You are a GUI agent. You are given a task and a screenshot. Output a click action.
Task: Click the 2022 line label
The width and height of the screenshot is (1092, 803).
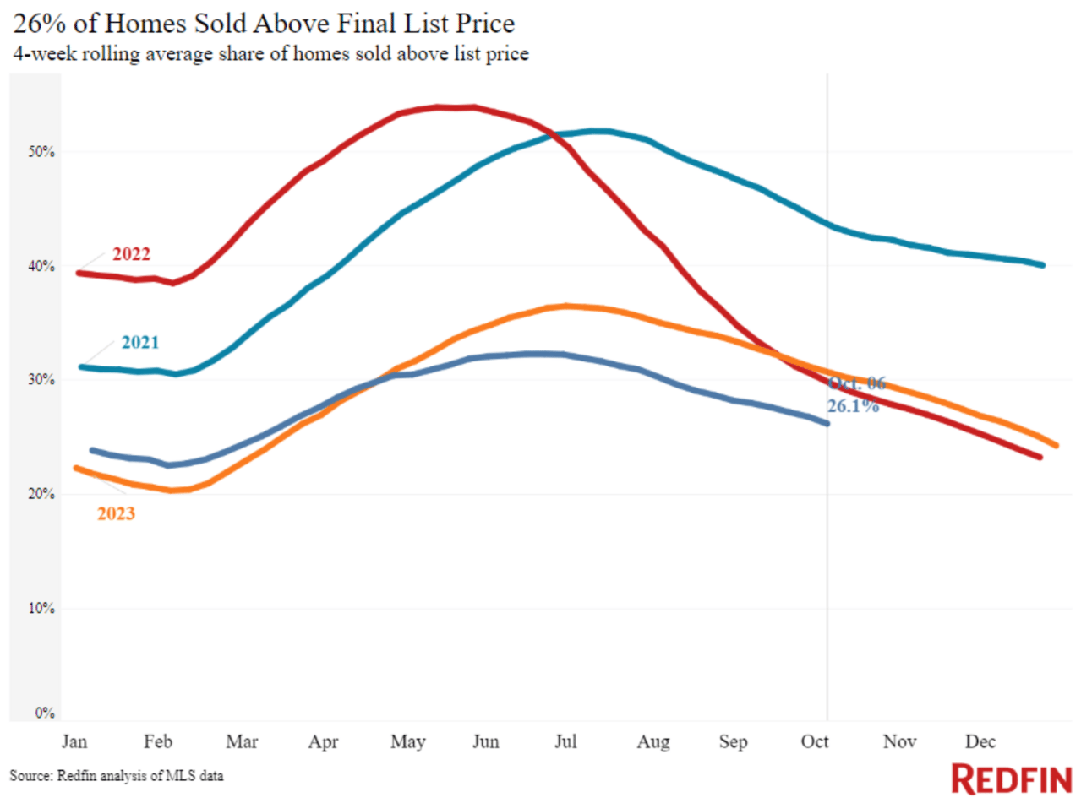[131, 254]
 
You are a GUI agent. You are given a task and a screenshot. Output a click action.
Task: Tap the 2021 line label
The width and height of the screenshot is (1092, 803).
[139, 342]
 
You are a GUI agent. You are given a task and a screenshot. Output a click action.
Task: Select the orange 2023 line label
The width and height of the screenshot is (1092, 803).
[116, 513]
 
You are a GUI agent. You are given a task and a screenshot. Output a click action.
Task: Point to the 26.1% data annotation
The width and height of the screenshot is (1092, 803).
[853, 406]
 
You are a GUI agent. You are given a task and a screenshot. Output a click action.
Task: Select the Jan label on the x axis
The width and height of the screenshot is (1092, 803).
[74, 741]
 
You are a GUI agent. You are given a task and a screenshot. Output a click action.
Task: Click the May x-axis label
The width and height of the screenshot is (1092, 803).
[407, 741]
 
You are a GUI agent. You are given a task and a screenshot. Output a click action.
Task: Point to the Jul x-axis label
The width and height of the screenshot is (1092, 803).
[565, 741]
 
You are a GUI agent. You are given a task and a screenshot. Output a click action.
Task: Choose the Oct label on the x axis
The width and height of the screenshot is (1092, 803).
[815, 741]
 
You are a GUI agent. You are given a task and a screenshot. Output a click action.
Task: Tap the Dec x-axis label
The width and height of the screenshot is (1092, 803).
[980, 741]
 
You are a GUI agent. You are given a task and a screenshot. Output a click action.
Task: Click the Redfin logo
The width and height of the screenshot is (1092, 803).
[1012, 779]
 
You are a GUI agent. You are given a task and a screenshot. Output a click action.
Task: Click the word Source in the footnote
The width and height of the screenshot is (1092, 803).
[30, 775]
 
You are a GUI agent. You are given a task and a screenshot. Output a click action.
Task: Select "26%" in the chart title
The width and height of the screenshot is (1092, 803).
[39, 23]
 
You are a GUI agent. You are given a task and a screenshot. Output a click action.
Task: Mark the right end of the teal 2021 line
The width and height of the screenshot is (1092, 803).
[1043, 265]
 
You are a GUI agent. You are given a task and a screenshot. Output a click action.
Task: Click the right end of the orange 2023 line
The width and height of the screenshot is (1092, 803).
[1057, 446]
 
